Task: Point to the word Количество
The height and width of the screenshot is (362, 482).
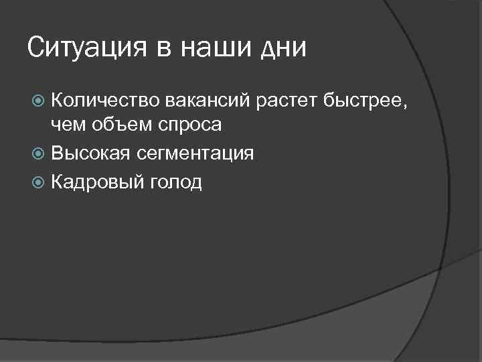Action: (104, 102)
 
